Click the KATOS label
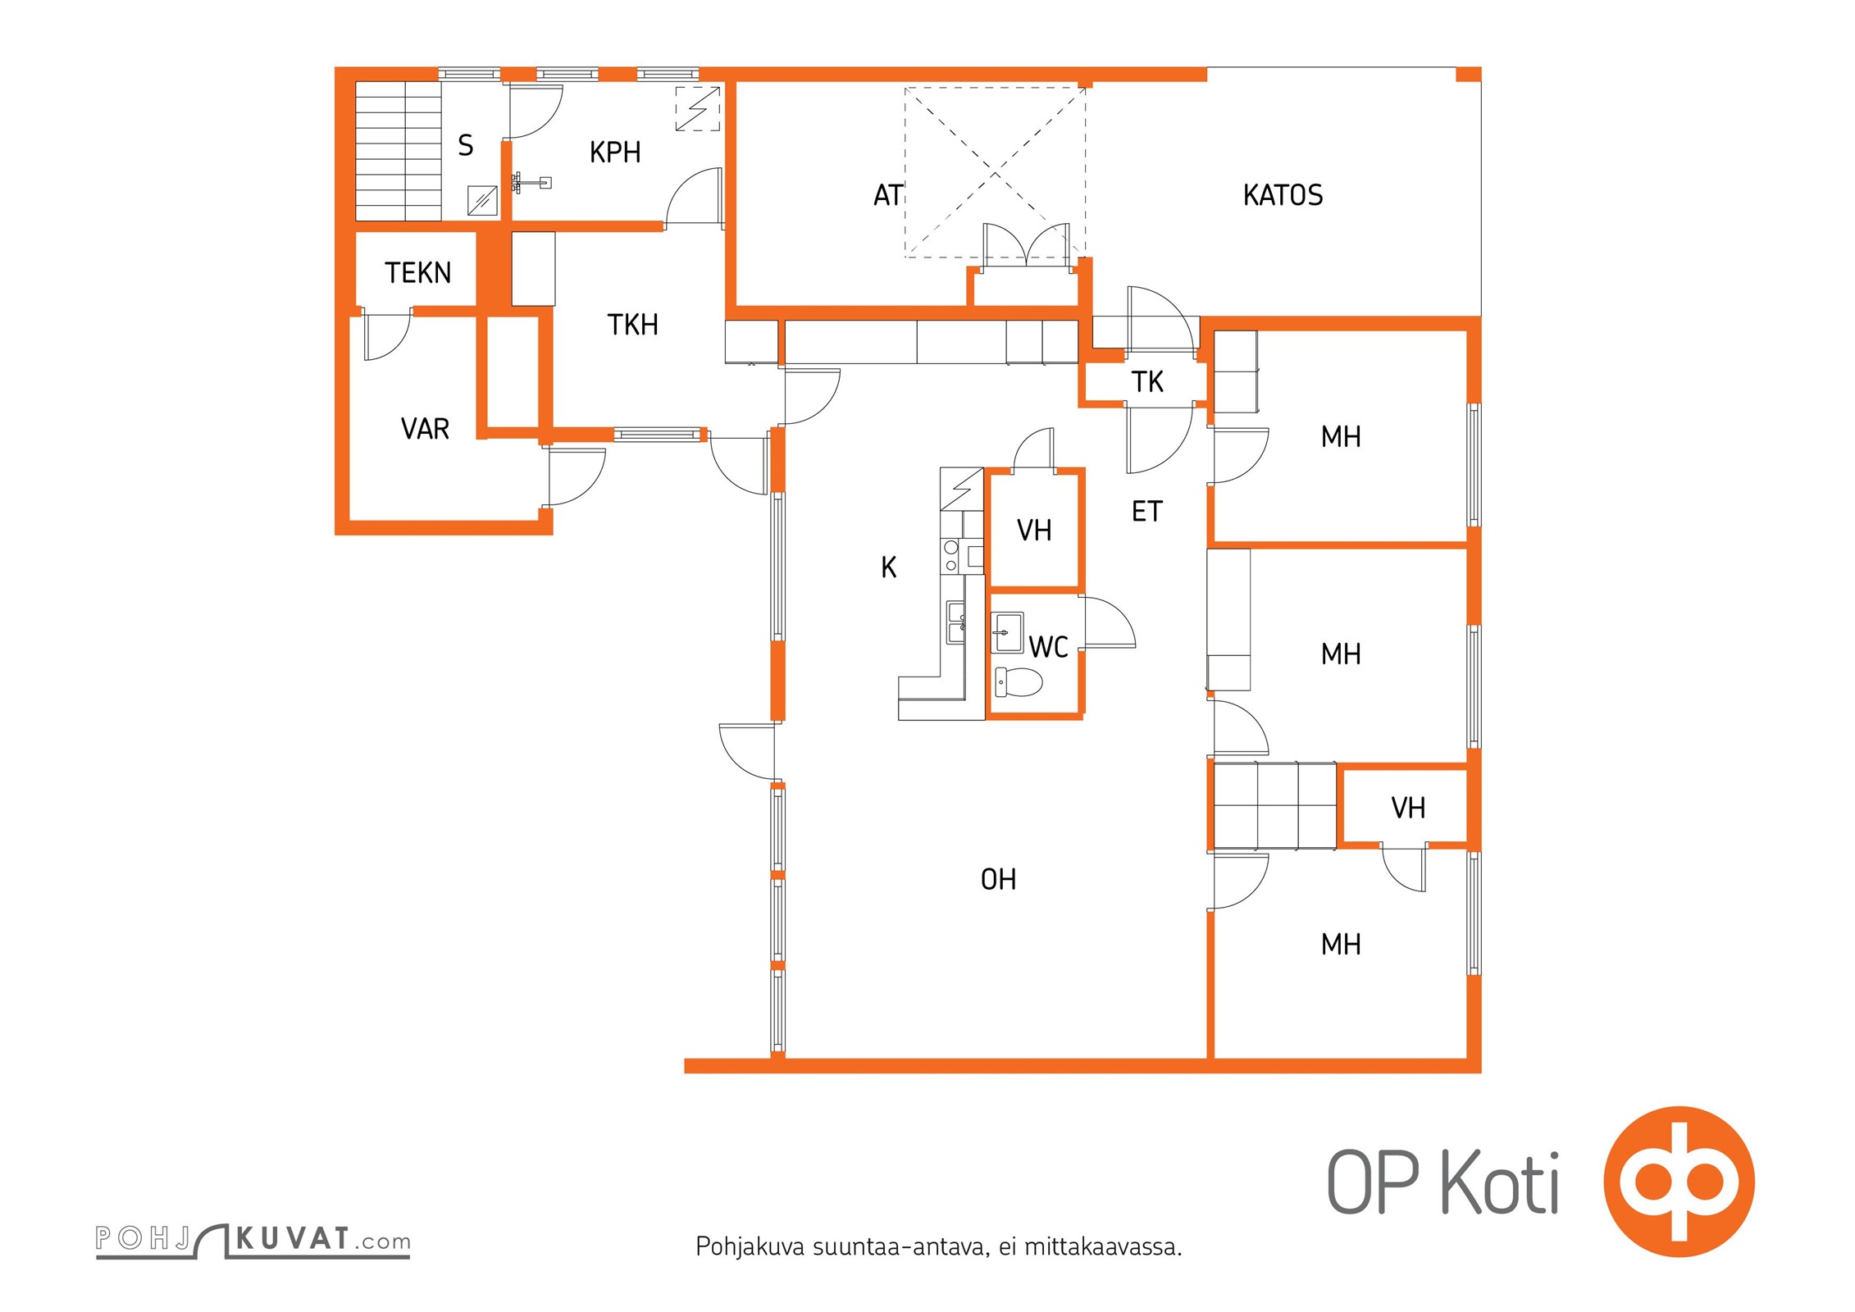(x=1283, y=195)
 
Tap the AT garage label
(x=888, y=195)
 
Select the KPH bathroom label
(x=615, y=153)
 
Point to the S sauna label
(x=466, y=145)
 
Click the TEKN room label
(x=418, y=273)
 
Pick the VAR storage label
(x=425, y=429)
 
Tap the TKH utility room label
(x=632, y=325)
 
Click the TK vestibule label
(x=1147, y=381)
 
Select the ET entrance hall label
(x=1147, y=512)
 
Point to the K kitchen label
(x=889, y=567)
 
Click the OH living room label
(x=998, y=880)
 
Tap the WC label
(x=1048, y=647)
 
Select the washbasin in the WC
(x=1007, y=632)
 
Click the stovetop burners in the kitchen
(x=951, y=555)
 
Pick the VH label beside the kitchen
(x=1034, y=531)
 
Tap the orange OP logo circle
(x=1680, y=1182)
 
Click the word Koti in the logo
(x=1500, y=1182)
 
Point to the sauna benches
(x=399, y=151)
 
